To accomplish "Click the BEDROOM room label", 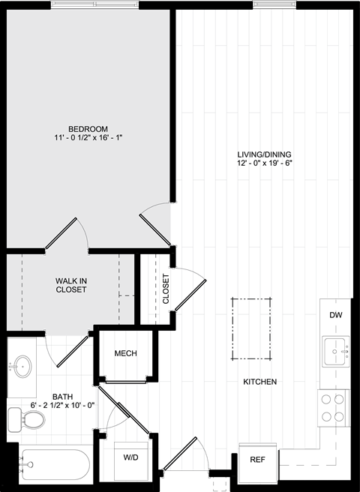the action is click(x=88, y=129).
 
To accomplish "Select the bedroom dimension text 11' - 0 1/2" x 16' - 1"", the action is click(x=88, y=137).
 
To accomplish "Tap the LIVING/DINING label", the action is click(x=264, y=154).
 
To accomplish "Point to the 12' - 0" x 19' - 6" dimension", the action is click(x=265, y=163).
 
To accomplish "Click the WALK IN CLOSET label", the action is click(x=71, y=285).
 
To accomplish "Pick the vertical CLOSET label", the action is click(x=166, y=289).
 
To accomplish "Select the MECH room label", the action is click(x=125, y=354).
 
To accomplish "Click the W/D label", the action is click(x=130, y=457).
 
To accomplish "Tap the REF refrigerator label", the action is click(x=258, y=460).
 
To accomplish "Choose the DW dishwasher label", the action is click(x=335, y=315).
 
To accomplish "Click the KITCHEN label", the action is click(x=260, y=382).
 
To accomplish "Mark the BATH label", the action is click(x=63, y=397).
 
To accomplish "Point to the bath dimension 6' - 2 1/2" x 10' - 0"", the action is click(x=63, y=406).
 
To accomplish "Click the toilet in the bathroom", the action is click(x=26, y=419).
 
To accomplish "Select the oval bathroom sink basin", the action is click(x=23, y=366).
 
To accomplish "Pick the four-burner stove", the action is click(x=333, y=408).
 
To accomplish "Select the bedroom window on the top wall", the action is click(x=94, y=4).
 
